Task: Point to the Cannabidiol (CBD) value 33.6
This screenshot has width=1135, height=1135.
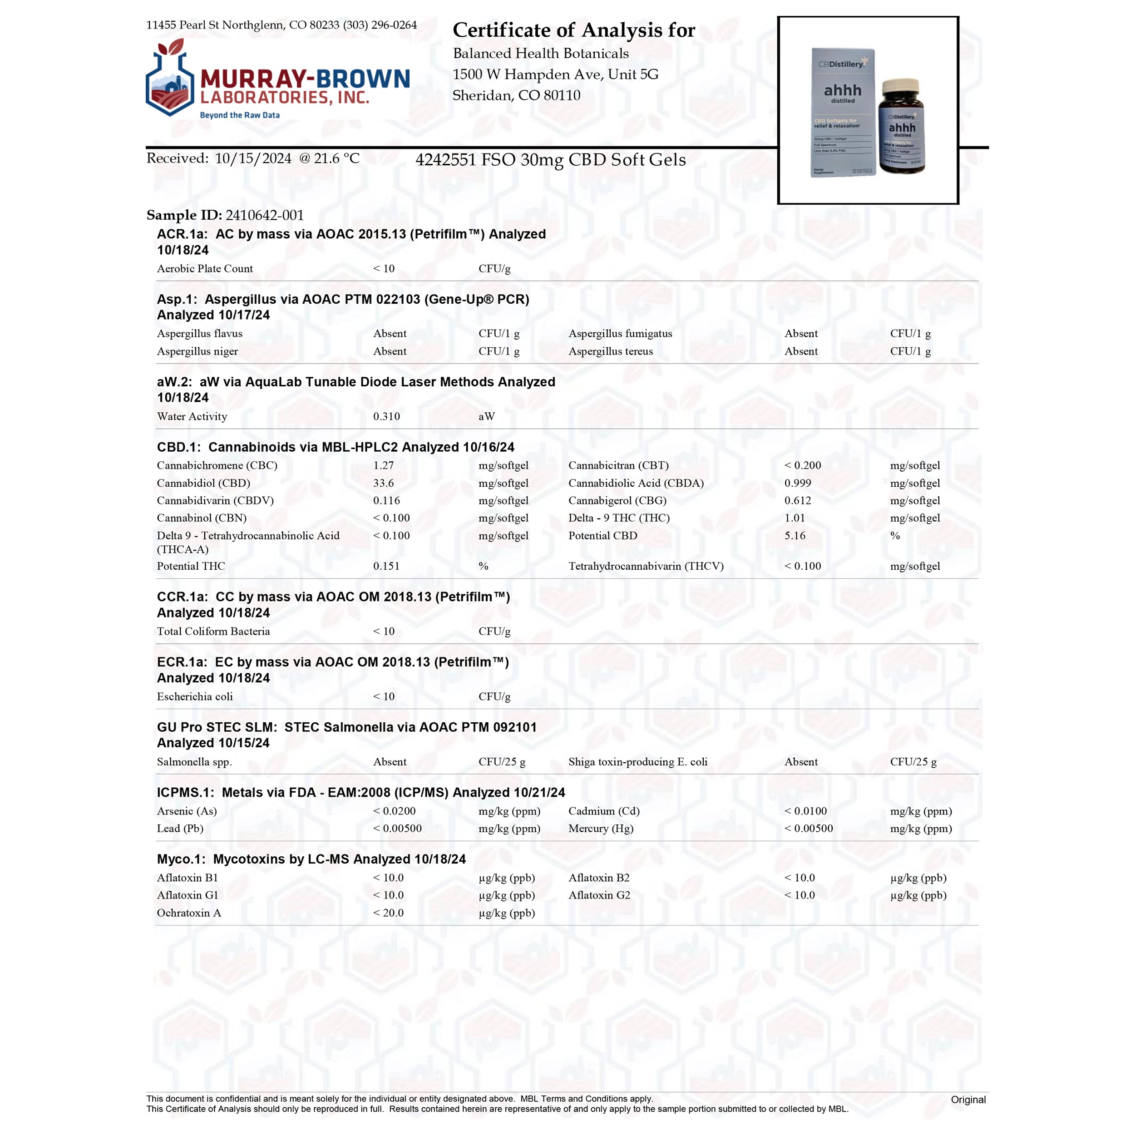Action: coord(383,483)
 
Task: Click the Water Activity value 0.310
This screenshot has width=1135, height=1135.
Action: coord(386,416)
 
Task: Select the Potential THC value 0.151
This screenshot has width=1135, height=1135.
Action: coord(386,566)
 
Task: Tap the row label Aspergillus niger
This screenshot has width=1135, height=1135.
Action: coord(197,351)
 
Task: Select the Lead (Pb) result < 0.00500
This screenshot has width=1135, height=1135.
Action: coord(397,829)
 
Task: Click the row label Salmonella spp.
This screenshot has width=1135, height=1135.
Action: coord(194,761)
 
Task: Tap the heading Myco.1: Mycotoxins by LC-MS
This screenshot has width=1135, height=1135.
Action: coord(311,859)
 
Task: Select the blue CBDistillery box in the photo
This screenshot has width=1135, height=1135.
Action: coord(842,112)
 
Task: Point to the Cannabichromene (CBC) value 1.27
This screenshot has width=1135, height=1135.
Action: coord(383,465)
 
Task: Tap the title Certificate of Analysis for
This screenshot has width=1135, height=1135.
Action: coord(573,30)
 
